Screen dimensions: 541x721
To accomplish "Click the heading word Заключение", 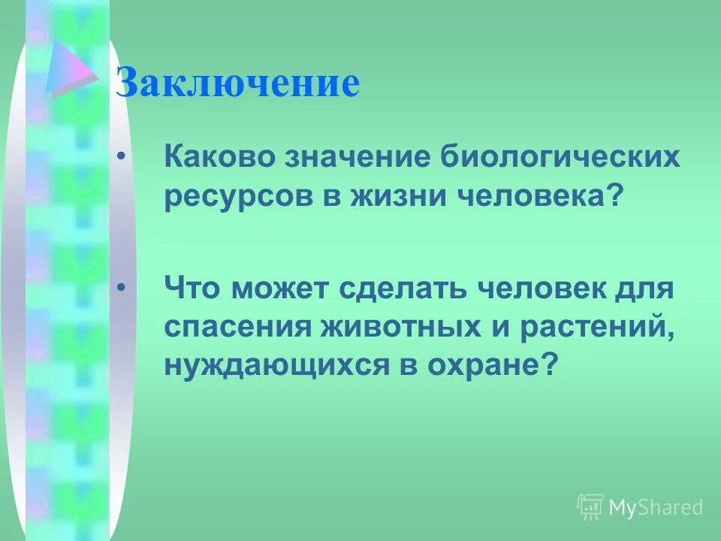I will tap(237, 84).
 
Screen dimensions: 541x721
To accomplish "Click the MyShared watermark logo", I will tap(639, 507).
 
